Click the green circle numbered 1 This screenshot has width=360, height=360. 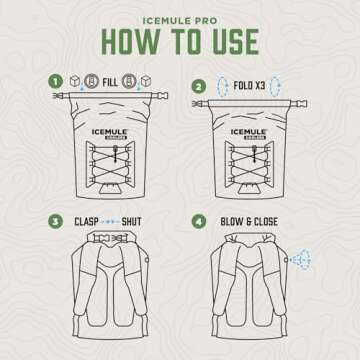(x=55, y=82)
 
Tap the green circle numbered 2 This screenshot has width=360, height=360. (x=199, y=87)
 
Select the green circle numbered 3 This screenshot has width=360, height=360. (x=55, y=222)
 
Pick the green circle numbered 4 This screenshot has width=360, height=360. (x=199, y=222)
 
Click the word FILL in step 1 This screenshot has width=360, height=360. (x=110, y=82)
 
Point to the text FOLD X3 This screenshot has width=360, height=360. (x=249, y=86)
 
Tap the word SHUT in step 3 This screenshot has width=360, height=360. (x=131, y=222)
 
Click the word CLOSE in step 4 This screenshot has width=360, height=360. (x=266, y=222)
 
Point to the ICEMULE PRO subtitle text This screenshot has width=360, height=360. (x=180, y=21)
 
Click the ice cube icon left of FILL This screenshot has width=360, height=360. (x=75, y=81)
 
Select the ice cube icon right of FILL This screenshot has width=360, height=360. (x=146, y=81)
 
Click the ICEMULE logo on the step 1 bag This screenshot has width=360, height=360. (x=109, y=132)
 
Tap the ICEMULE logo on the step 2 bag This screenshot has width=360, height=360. (x=249, y=132)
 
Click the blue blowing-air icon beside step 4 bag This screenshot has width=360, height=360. (x=301, y=259)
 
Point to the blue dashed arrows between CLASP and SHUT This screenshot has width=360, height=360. (x=111, y=222)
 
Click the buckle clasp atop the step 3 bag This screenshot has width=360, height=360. (x=109, y=238)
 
